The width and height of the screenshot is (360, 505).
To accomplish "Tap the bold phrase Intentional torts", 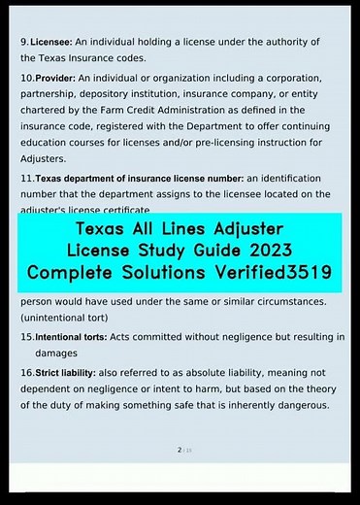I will (71, 338).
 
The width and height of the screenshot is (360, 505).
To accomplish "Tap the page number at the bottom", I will (180, 451).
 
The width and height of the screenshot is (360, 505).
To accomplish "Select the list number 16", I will (26, 372).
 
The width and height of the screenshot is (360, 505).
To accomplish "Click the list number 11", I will (26, 179).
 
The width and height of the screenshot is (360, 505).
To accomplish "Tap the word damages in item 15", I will (55, 354).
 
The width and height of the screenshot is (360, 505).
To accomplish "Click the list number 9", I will (23, 43).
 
